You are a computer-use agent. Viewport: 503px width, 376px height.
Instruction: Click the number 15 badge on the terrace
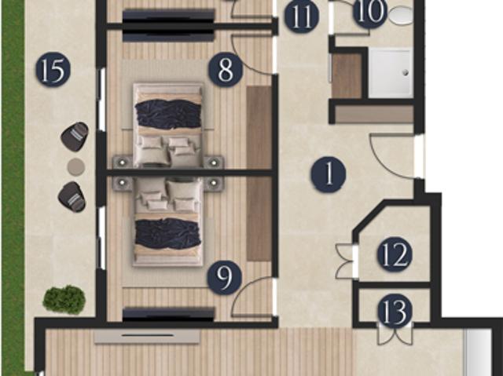click(x=53, y=71)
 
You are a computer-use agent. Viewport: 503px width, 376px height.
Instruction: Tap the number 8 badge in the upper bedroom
click(x=226, y=71)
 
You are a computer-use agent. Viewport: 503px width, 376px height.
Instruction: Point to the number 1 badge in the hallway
click(x=328, y=174)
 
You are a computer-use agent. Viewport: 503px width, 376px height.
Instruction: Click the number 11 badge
click(x=301, y=16)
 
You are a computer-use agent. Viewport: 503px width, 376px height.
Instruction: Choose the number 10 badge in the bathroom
click(x=370, y=12)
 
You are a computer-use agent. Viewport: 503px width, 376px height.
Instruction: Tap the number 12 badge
click(x=395, y=254)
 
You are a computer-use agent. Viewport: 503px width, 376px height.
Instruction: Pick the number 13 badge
click(x=395, y=312)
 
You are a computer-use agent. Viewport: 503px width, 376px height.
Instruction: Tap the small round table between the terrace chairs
click(x=75, y=166)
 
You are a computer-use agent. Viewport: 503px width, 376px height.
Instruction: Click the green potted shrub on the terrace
click(x=64, y=298)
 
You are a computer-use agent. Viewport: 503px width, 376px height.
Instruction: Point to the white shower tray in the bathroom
click(x=390, y=73)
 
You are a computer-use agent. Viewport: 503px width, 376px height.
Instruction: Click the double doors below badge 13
click(x=395, y=334)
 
